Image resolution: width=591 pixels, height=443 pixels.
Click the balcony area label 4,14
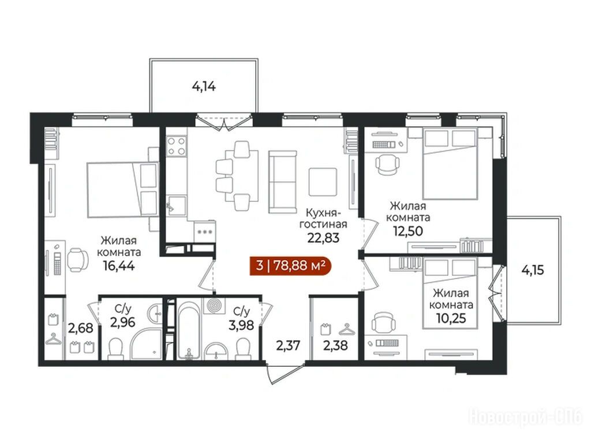[204, 87]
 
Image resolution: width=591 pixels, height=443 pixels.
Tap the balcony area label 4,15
[533, 270]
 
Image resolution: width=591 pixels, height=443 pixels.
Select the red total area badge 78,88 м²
[290, 266]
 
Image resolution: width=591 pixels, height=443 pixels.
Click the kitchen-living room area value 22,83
[323, 238]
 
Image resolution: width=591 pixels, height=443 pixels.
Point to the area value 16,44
[119, 266]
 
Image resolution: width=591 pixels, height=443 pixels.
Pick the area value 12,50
[408, 231]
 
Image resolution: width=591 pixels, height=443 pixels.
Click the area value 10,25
[451, 318]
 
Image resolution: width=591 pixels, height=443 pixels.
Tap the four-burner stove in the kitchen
[177, 146]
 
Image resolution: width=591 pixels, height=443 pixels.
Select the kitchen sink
[176, 206]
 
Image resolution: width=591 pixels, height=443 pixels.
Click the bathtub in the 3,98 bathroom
[189, 329]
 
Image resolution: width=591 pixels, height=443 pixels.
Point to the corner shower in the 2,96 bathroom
[147, 344]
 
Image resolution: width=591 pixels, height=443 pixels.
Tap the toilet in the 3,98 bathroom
[243, 348]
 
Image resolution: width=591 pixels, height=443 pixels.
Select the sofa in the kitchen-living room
[283, 182]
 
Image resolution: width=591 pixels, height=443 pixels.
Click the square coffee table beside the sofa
[323, 182]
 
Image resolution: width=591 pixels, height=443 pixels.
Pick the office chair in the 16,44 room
[78, 260]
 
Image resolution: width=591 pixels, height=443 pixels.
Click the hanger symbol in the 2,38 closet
[347, 329]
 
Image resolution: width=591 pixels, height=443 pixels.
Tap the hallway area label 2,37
[289, 346]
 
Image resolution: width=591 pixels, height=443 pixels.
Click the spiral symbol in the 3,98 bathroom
[214, 305]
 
